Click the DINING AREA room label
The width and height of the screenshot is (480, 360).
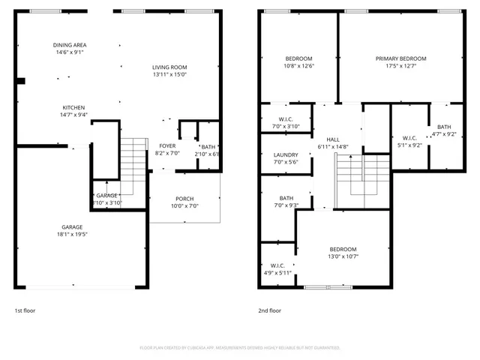click(69, 45)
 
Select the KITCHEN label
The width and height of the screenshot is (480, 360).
click(73, 107)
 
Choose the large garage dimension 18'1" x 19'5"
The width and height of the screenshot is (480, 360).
click(72, 234)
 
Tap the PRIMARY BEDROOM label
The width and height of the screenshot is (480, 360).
click(400, 58)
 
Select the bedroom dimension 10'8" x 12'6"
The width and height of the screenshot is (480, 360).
click(298, 66)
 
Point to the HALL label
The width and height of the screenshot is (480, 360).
click(333, 139)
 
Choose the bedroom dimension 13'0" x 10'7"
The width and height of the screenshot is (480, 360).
click(343, 256)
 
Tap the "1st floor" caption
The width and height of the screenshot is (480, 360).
click(25, 310)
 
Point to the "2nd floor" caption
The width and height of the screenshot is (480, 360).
click(270, 310)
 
